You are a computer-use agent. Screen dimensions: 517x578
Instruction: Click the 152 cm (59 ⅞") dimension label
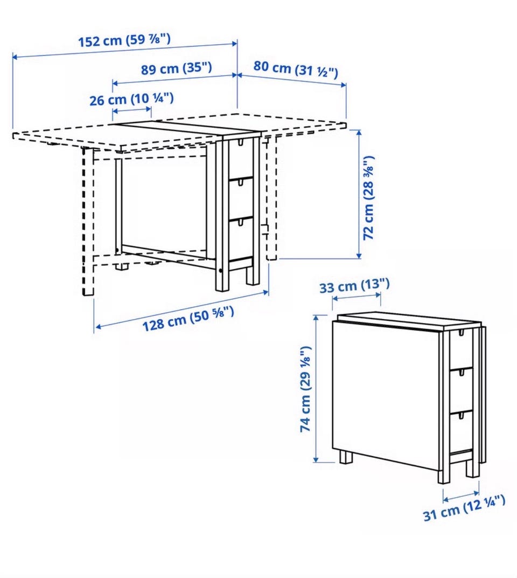tap(124, 40)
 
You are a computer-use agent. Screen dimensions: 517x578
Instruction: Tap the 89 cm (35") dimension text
tap(177, 68)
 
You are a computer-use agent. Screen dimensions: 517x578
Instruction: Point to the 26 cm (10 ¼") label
tap(131, 99)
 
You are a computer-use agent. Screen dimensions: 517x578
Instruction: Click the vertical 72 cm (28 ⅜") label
tap(368, 198)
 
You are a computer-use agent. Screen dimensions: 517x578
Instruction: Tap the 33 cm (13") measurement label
tap(354, 286)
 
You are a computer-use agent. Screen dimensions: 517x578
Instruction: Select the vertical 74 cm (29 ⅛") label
tap(306, 389)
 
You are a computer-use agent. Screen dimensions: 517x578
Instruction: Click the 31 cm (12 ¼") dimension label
tap(464, 508)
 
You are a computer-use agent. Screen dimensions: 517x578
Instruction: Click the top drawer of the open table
tap(241, 159)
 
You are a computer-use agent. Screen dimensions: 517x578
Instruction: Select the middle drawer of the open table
tap(241, 199)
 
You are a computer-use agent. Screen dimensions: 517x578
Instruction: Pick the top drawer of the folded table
tap(460, 350)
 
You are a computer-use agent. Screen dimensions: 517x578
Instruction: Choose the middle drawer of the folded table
tap(461, 390)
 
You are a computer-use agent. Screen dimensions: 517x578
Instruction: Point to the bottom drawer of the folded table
tap(461, 431)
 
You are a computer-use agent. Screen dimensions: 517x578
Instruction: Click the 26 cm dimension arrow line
tap(132, 110)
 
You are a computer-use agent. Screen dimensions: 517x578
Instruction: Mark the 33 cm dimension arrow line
tap(357, 296)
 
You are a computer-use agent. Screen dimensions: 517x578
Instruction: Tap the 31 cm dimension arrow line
tap(461, 496)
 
